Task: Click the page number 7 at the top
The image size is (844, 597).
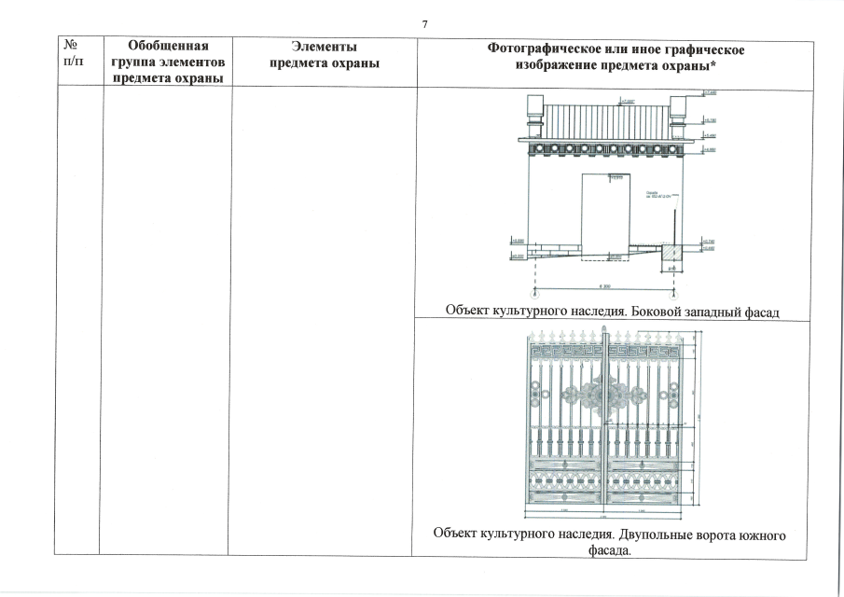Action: pyautogui.click(x=424, y=23)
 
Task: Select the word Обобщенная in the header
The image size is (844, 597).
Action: pyautogui.click(x=167, y=45)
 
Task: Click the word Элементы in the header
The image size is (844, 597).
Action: pyautogui.click(x=323, y=45)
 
